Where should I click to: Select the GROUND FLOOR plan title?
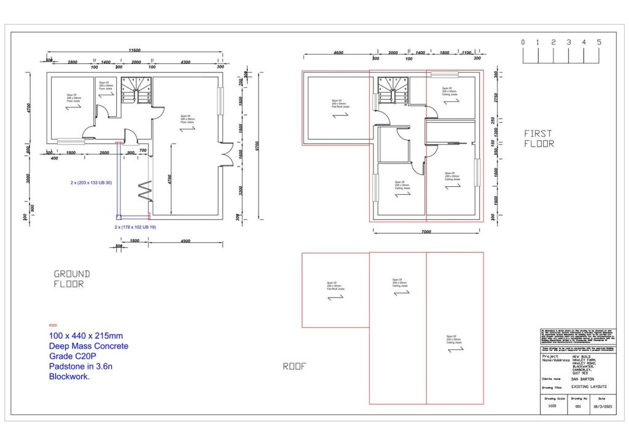click(x=72, y=279)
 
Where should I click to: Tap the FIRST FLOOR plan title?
click(x=539, y=138)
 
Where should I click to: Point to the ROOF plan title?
click(x=294, y=366)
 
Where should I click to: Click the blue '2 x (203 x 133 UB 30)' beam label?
click(x=91, y=183)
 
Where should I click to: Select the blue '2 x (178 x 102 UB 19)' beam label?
click(x=135, y=227)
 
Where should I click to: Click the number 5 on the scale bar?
click(x=599, y=42)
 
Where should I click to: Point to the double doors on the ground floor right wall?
click(x=227, y=153)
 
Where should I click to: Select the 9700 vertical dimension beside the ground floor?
click(x=258, y=146)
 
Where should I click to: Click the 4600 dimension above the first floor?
click(x=338, y=53)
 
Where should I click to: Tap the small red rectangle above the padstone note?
click(x=53, y=325)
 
